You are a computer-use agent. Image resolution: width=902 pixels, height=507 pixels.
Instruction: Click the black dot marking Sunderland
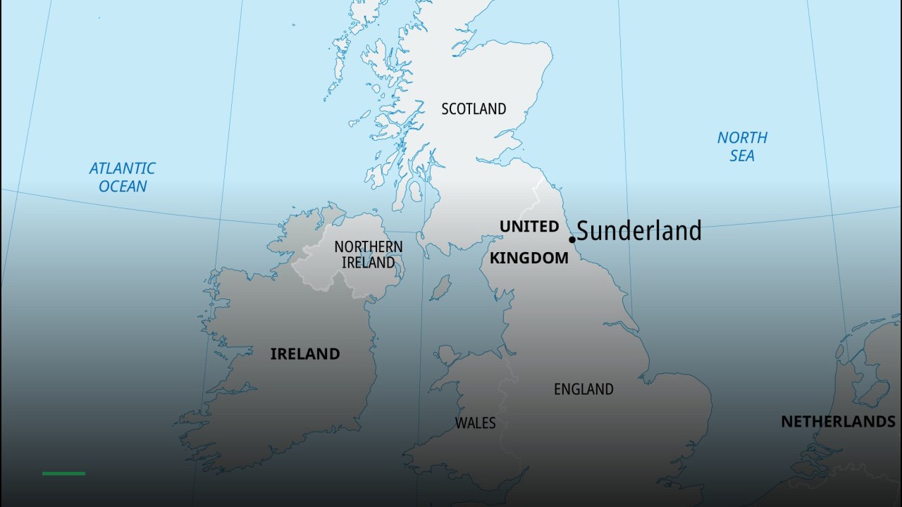point(572,239)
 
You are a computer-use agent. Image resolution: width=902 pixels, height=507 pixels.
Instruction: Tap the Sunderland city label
point(639,231)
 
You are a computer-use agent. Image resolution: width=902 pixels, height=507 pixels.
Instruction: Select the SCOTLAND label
point(474,109)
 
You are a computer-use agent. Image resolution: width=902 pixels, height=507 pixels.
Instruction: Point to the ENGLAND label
point(583,389)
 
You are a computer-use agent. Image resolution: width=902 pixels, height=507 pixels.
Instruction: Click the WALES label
point(475,423)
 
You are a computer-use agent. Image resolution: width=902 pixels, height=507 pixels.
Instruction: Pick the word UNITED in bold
point(529,227)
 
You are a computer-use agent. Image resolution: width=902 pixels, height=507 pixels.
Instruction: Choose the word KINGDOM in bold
point(529,258)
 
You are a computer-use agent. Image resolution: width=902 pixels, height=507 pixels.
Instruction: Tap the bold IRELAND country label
point(305,354)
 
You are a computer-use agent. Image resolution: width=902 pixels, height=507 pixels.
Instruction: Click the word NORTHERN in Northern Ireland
point(369,247)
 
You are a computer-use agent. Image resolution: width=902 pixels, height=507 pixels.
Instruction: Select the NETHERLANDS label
point(838,422)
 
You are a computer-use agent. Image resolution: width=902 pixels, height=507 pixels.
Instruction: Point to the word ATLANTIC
point(122,169)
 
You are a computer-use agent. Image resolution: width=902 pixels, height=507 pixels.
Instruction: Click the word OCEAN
point(123,187)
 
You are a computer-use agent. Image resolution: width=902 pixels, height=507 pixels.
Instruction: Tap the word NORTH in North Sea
point(742,138)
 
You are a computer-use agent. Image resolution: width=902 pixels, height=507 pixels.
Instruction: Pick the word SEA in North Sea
point(742,156)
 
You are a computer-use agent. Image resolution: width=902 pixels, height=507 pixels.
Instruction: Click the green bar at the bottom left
point(63,473)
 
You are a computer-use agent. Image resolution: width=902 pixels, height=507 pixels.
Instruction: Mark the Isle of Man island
point(440,287)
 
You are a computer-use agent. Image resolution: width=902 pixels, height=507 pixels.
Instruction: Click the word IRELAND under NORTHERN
point(368,263)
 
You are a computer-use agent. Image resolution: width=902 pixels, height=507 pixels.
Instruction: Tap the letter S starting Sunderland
point(584,231)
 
